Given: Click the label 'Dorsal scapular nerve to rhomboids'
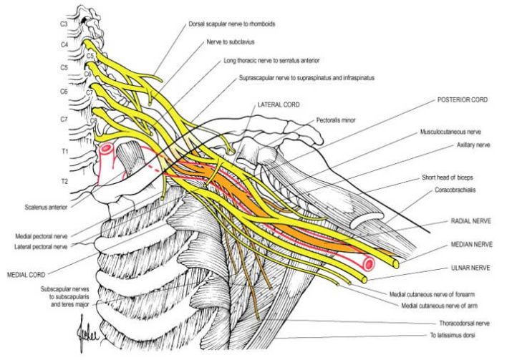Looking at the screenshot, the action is click(x=231, y=24).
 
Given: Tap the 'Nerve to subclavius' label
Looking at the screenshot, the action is click(x=231, y=42).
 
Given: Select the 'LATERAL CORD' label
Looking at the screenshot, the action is click(x=279, y=104).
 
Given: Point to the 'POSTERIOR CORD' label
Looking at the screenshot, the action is click(x=463, y=100).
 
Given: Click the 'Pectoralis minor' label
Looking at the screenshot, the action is click(x=336, y=120).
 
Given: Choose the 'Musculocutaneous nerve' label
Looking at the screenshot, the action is click(x=450, y=132).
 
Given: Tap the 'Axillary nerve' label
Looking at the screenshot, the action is click(x=473, y=145).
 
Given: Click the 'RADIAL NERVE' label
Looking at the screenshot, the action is click(x=470, y=221).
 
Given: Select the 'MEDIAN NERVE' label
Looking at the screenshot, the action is click(x=472, y=245).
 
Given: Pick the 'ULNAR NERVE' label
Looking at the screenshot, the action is click(x=470, y=268).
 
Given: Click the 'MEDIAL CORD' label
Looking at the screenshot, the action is click(x=26, y=275).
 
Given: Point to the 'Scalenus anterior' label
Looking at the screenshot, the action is click(x=46, y=207).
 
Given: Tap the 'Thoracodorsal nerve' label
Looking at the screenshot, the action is click(x=464, y=323).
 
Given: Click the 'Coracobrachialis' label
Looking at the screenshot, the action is click(x=455, y=190).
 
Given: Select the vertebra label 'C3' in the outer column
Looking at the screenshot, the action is click(x=64, y=24).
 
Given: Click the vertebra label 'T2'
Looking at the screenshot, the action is click(x=64, y=181).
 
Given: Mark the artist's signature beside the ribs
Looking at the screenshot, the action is click(x=87, y=334).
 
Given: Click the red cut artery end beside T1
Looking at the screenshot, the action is click(x=107, y=150).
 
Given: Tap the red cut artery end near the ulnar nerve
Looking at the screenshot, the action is click(x=369, y=264).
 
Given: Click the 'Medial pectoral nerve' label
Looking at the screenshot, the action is click(x=41, y=237).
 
